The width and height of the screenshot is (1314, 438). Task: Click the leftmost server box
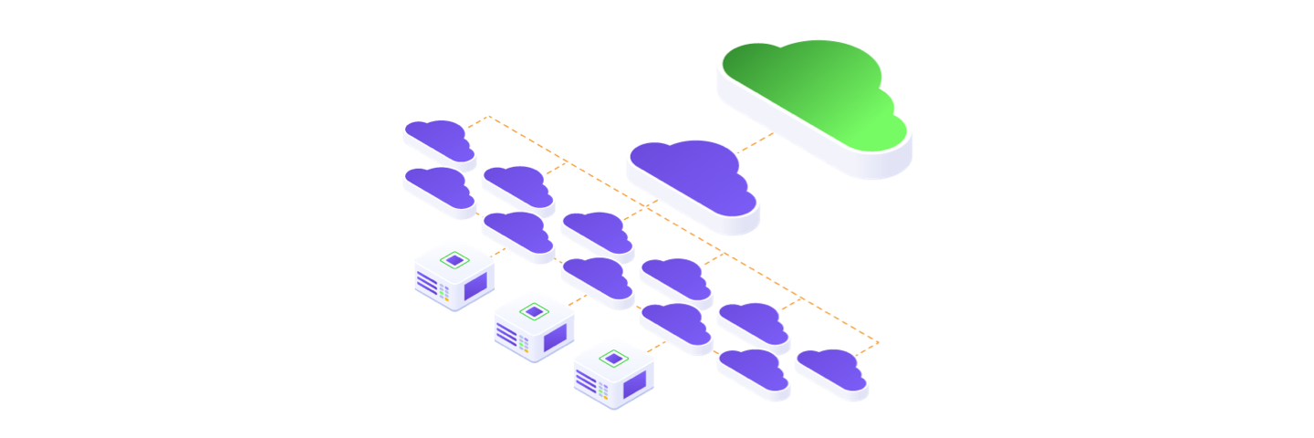(x=454, y=275)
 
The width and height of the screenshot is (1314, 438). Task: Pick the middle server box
(x=534, y=325)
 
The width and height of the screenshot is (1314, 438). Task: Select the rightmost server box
(x=613, y=373)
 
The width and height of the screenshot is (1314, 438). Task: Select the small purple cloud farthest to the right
(x=831, y=370)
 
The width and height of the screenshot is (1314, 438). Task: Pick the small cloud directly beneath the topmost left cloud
(x=438, y=187)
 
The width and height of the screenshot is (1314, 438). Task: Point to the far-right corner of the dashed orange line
(x=879, y=343)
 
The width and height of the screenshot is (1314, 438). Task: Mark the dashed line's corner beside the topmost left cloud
(x=489, y=117)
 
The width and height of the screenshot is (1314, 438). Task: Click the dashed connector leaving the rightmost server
(x=654, y=348)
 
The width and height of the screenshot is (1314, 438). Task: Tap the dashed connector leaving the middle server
(x=575, y=298)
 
